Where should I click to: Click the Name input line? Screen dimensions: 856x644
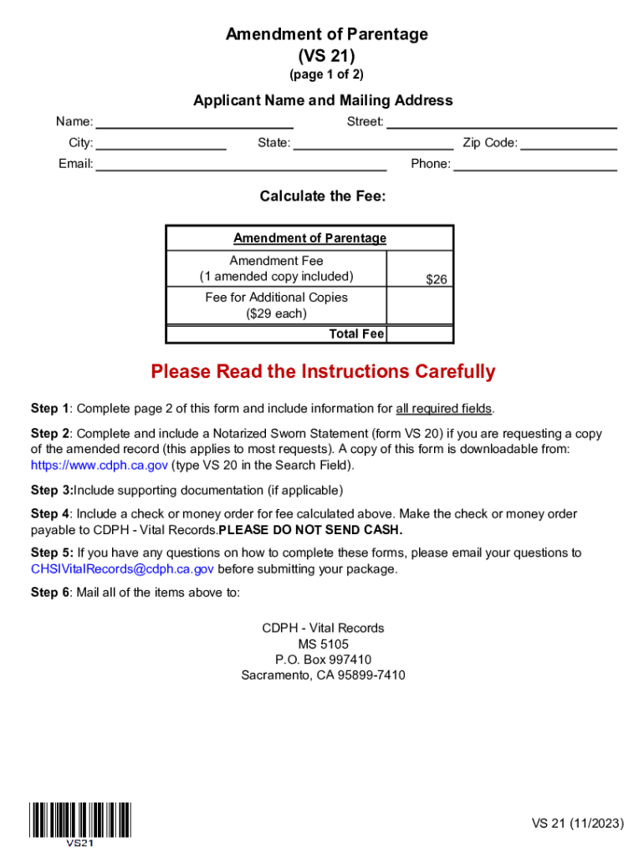coord(194,122)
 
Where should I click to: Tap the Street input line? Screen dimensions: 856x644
coord(501,122)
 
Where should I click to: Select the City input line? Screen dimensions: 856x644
coord(161,143)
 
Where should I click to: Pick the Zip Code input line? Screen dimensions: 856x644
coord(569,143)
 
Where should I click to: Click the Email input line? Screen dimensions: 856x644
coord(241,164)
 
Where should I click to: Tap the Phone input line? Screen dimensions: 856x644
coord(535,164)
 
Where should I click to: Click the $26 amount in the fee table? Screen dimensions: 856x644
coord(437,280)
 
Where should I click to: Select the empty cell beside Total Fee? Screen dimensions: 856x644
coord(420,334)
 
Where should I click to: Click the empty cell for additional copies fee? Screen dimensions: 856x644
coord(420,306)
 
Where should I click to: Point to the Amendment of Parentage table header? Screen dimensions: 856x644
coord(309,238)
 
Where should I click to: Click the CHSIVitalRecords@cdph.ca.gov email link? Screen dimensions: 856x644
coord(122,569)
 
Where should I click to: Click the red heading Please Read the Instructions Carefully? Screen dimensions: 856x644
coord(323,372)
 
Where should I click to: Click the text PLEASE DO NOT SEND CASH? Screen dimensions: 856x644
coord(310,531)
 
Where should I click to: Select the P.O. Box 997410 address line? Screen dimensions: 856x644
coord(323,660)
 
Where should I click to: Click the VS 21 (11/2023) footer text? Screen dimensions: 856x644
coord(578,823)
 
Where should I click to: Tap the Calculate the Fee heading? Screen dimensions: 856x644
coord(323,196)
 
